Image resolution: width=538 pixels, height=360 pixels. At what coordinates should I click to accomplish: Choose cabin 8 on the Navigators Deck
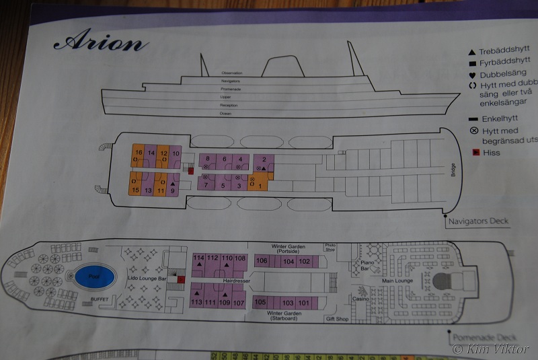[x=208, y=160]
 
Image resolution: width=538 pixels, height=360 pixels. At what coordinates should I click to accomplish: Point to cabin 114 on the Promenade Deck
[x=198, y=259]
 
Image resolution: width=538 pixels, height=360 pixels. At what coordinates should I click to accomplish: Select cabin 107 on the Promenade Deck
[x=238, y=303]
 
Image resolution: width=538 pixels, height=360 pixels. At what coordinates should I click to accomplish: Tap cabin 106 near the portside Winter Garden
[x=262, y=261]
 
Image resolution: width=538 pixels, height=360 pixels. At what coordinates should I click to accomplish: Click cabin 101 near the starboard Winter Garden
[x=304, y=303]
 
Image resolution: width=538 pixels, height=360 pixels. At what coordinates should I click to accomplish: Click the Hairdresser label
[x=234, y=280]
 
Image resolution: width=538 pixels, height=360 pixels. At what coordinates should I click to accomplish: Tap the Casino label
[x=360, y=299]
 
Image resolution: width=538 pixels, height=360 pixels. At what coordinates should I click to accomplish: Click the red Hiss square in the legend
[x=475, y=152]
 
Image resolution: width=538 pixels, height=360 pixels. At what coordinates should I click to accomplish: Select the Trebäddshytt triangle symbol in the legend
[x=472, y=52]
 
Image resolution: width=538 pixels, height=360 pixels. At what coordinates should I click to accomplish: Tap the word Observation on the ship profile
[x=231, y=73]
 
